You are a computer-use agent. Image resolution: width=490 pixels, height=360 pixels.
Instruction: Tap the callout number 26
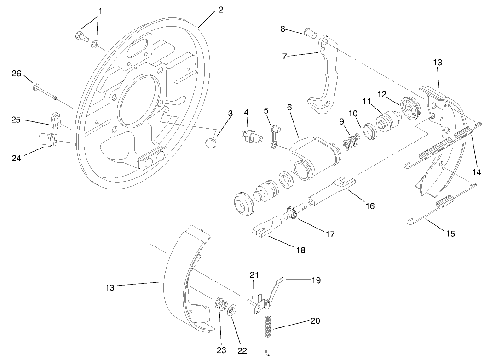[x=17, y=73]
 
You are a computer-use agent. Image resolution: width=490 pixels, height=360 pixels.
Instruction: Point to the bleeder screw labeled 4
[x=250, y=135]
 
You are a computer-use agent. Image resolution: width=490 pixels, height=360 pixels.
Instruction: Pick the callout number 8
[x=283, y=29]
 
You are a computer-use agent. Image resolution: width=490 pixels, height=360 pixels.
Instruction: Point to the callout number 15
[x=450, y=234]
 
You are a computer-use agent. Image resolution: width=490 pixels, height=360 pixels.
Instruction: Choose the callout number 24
[x=17, y=159]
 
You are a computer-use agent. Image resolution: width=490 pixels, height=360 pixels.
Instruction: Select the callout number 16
[x=370, y=206]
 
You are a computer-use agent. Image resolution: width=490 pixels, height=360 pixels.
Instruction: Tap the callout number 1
[x=101, y=10]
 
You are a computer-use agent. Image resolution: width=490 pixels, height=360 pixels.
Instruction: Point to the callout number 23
[x=222, y=350]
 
